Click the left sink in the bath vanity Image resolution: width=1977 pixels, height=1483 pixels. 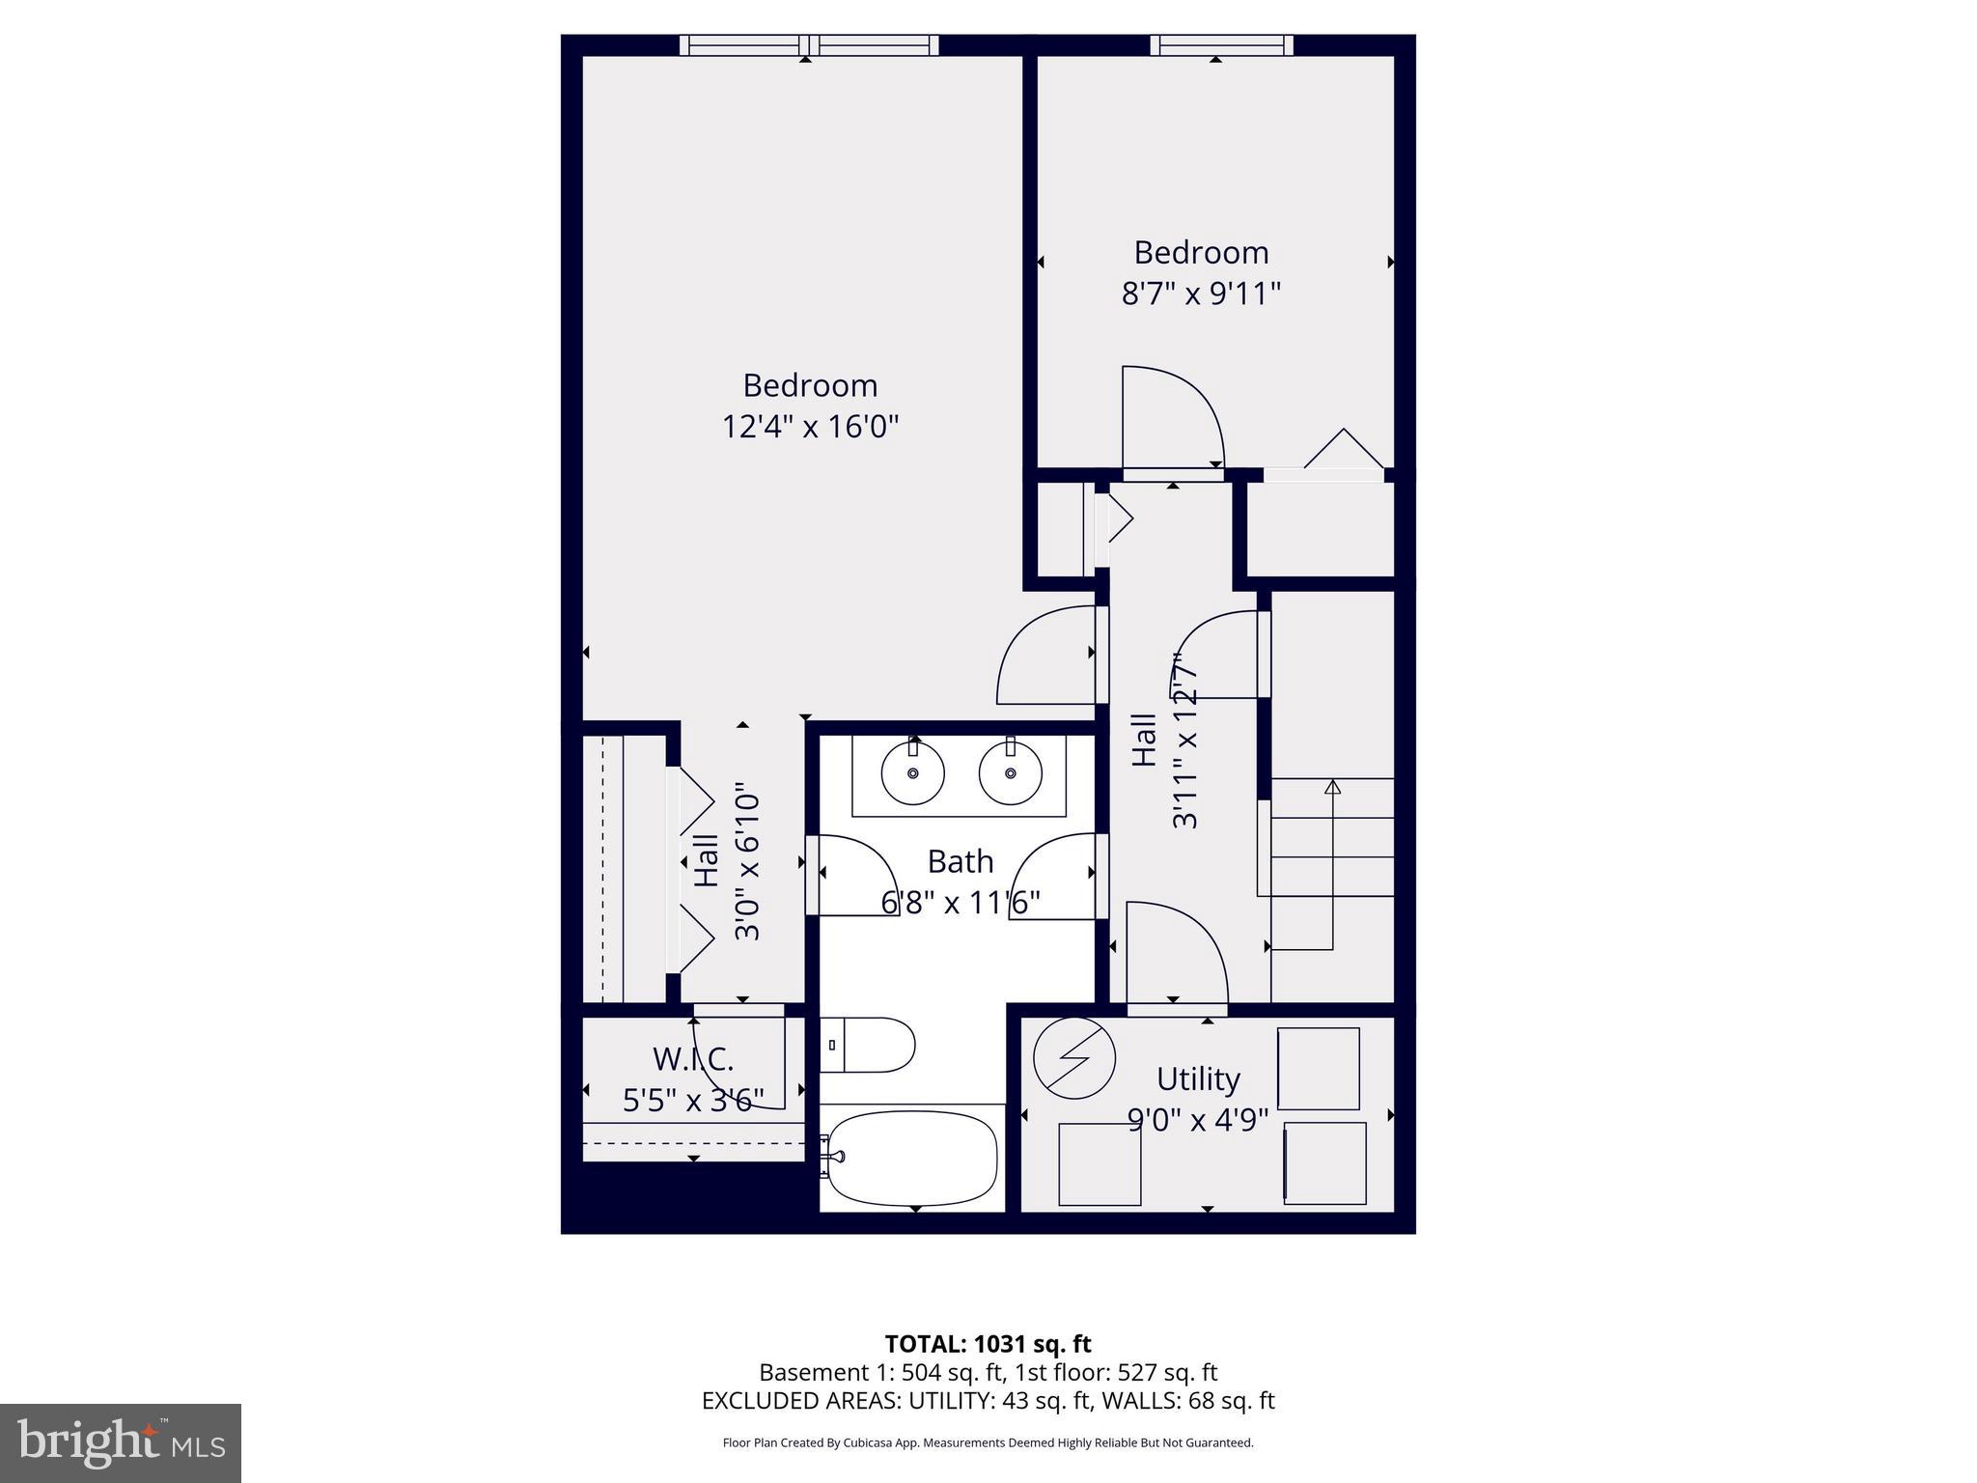click(912, 773)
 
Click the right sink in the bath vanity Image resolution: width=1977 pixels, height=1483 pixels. click(1010, 773)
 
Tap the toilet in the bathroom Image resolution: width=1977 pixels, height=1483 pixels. click(867, 1045)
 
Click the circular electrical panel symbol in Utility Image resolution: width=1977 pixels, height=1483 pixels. click(1073, 1057)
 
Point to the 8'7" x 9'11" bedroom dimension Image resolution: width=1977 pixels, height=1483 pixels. click(1200, 294)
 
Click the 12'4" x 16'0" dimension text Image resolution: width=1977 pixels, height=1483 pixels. click(810, 426)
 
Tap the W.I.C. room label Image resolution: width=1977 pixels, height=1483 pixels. click(692, 1059)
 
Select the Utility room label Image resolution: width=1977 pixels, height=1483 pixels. click(1197, 1078)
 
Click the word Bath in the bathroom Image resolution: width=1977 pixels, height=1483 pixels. click(960, 861)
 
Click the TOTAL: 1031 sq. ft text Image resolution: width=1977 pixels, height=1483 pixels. click(988, 1344)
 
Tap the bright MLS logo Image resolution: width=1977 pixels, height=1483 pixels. click(120, 1442)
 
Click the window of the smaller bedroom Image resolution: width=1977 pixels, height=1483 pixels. click(1220, 45)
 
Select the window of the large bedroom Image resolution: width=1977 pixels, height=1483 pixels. click(809, 45)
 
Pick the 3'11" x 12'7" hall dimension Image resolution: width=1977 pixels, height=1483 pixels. click(1184, 741)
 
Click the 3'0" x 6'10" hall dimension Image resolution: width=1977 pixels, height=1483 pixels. click(748, 866)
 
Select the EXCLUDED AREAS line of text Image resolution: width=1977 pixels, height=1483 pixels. click(988, 1401)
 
